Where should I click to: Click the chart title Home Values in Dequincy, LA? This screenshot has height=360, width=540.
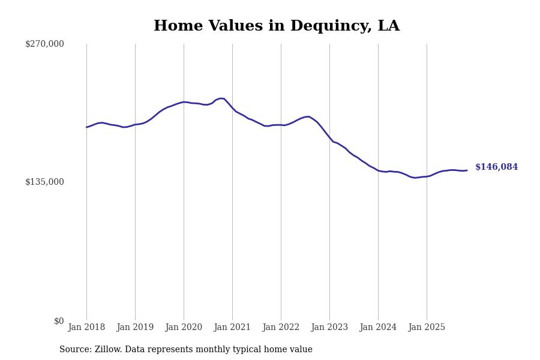[x=276, y=26]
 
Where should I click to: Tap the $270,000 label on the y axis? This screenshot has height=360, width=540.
[x=44, y=44]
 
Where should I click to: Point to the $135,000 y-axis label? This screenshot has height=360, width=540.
[x=44, y=182]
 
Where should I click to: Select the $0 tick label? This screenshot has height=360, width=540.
[x=59, y=321]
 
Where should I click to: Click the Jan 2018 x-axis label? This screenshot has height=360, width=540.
[x=86, y=328]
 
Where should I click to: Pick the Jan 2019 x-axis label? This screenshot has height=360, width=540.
[x=135, y=328]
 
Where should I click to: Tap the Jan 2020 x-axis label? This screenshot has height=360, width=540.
[x=184, y=328]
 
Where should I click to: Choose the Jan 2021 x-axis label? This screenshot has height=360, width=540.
[x=232, y=328]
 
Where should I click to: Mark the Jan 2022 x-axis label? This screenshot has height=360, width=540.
[x=281, y=328]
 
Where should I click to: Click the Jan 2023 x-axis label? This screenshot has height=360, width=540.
[x=329, y=328]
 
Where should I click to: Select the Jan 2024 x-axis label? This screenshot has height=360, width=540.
[x=378, y=328]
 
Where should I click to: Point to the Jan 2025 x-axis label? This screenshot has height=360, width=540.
[x=427, y=328]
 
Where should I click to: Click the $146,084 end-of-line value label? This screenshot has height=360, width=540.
[x=496, y=167]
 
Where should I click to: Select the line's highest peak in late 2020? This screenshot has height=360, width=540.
[x=221, y=98]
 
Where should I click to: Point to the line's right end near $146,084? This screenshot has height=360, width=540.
[x=467, y=170]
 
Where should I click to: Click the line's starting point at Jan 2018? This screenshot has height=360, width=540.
[x=86, y=127]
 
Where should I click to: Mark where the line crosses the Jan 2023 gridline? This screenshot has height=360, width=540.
[x=329, y=137]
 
